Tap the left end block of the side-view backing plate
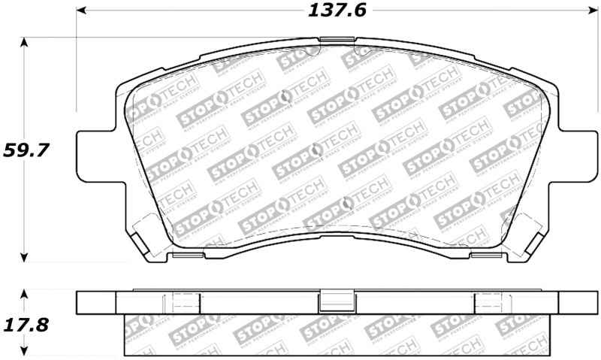[97, 302]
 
